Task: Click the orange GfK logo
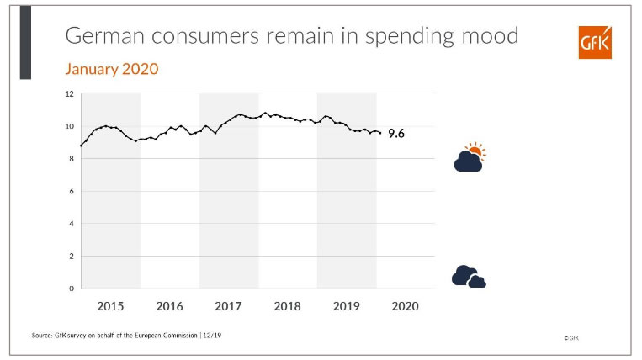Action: tap(595, 42)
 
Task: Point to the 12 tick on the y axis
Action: tap(70, 93)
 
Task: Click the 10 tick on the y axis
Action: tap(70, 126)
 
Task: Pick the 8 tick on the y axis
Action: tap(72, 158)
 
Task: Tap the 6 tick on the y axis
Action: tap(72, 191)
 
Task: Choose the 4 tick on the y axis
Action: tap(72, 224)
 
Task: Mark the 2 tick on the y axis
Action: tap(72, 256)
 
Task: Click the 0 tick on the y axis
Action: tap(72, 289)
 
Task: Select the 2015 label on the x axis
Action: tap(110, 306)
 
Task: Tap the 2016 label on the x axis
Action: tap(169, 306)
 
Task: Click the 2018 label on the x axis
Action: tap(287, 306)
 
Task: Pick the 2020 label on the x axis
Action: tap(405, 306)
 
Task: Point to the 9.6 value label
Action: tap(396, 133)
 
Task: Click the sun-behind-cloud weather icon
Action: tap(470, 158)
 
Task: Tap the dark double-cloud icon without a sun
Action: tap(468, 276)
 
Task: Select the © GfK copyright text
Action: tap(572, 337)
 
